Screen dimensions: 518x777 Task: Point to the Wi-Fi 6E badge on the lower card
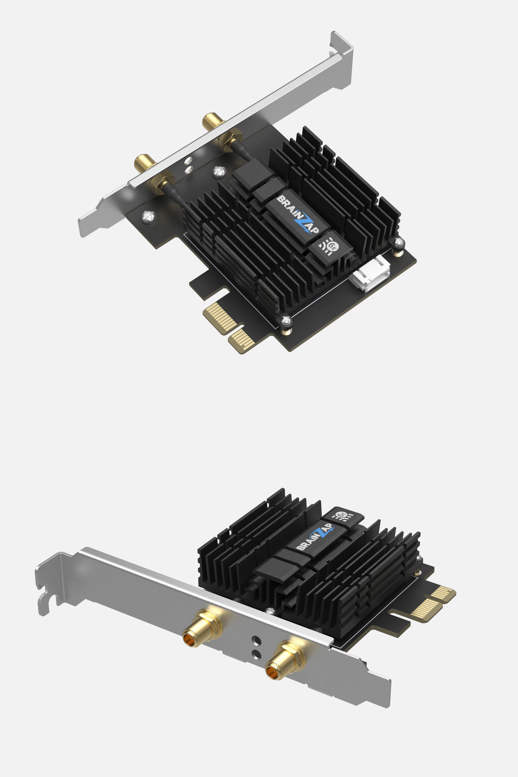tap(344, 516)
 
